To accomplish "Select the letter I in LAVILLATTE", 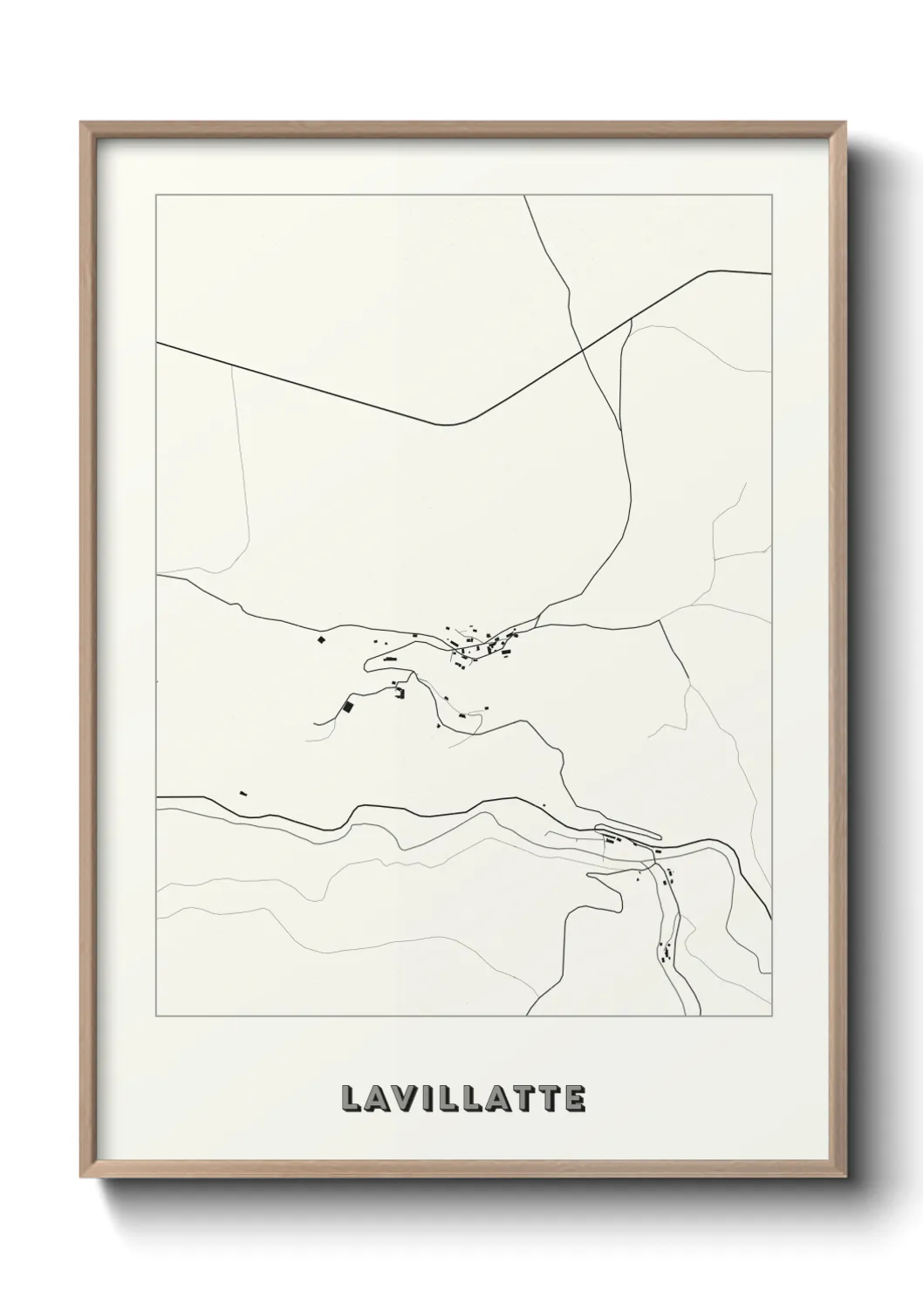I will [427, 1098].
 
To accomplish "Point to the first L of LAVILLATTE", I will [350, 1098].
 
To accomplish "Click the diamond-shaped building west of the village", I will [320, 641].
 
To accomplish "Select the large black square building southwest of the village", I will [348, 707].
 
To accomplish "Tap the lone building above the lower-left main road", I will [243, 793].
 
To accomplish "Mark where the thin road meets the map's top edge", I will [524, 196].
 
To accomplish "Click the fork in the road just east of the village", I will [538, 621].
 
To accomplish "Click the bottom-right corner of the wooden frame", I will [845, 1179].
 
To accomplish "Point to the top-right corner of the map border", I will [772, 196].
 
